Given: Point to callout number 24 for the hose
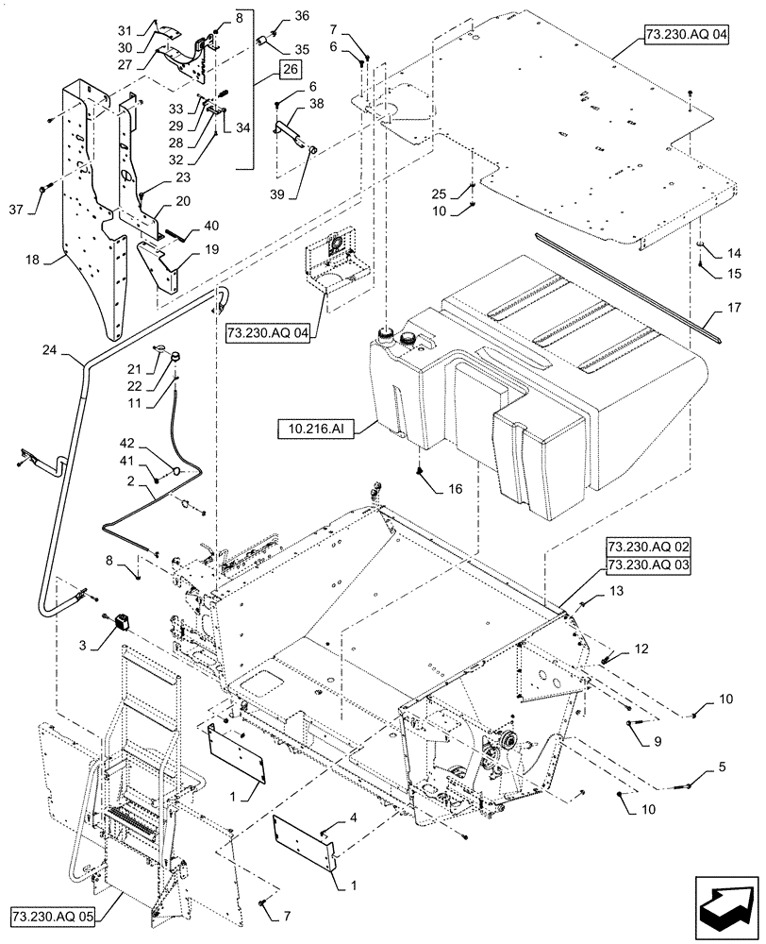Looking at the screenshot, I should click(48, 351).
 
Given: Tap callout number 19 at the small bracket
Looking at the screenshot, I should click(212, 250).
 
